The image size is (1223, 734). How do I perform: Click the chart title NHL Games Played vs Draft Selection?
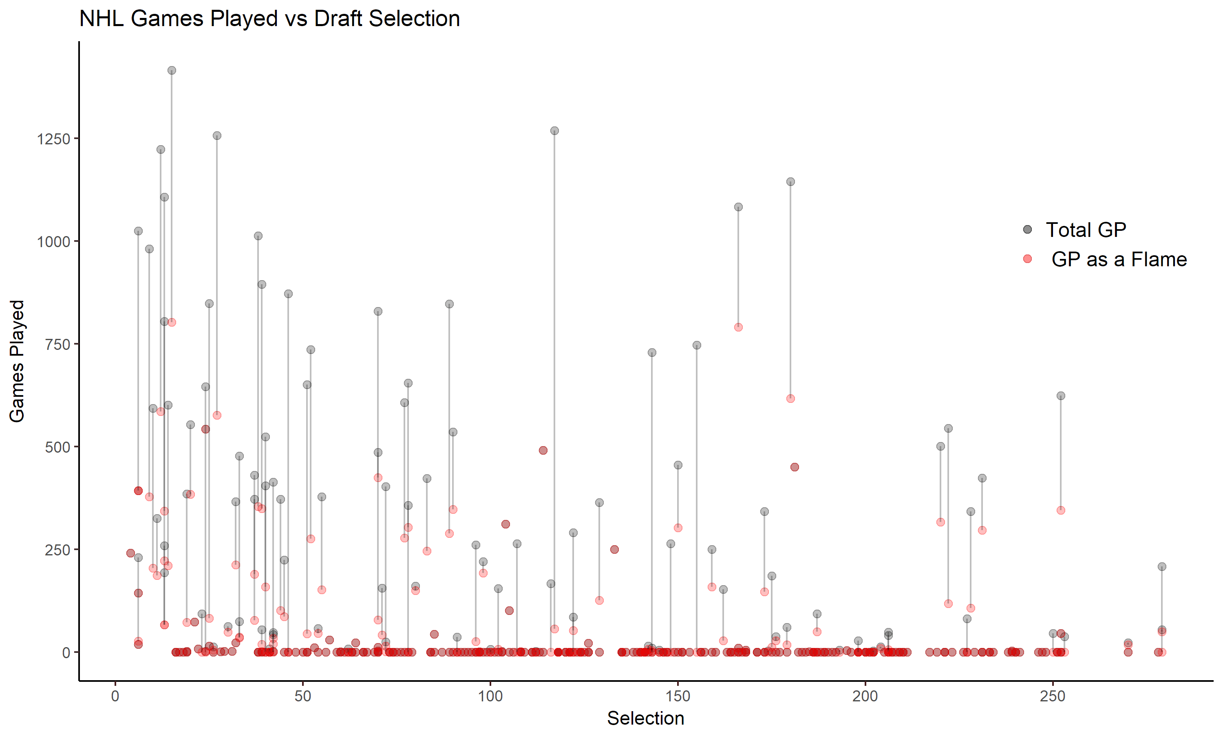[x=269, y=19]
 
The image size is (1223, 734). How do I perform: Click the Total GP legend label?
[x=1086, y=230]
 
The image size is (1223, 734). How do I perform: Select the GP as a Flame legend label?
[x=1119, y=259]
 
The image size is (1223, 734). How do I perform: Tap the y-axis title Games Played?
[x=17, y=361]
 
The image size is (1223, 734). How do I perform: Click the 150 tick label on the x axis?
[x=677, y=696]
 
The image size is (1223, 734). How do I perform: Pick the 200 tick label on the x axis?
[x=865, y=696]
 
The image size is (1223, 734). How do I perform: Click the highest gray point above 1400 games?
[x=172, y=71]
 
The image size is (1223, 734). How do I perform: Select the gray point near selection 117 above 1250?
[x=554, y=131]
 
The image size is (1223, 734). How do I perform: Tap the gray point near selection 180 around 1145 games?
[x=790, y=182]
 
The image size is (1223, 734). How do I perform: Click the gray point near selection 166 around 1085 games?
[x=738, y=207]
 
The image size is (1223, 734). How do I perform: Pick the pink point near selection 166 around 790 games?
[x=738, y=327]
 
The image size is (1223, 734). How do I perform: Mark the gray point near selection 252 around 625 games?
[x=1060, y=396]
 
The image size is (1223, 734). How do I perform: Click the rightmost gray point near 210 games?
[x=1162, y=567]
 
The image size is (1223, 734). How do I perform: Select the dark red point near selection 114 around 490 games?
[x=543, y=450]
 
